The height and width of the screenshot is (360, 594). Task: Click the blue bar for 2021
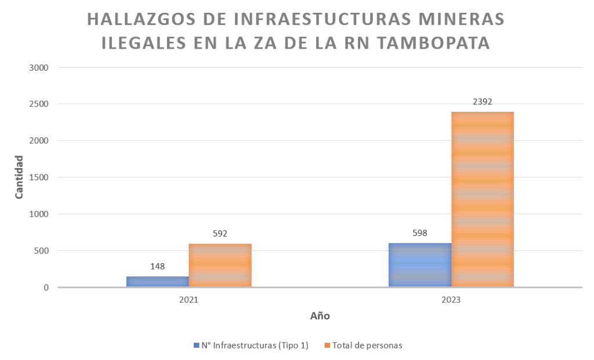157,281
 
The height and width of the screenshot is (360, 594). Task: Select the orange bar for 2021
220,265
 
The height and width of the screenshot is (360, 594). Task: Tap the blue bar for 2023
420,265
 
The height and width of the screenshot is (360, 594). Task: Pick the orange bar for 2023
483,199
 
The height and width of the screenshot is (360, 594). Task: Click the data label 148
157,267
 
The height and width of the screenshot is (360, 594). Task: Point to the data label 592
220,234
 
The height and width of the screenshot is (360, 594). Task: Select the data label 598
420,233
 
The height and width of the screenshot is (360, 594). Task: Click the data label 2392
483,102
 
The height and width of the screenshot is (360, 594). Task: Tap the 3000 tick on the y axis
38,67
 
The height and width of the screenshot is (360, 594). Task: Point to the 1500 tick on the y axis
38,177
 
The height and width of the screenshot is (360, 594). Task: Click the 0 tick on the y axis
45,288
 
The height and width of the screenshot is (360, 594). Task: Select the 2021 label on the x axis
189,300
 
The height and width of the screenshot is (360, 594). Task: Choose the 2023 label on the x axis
451,300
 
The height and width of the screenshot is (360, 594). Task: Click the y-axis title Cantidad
19,177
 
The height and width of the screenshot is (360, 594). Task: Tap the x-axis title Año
320,317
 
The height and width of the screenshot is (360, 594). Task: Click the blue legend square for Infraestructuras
196,346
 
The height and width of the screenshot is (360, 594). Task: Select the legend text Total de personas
367,346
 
